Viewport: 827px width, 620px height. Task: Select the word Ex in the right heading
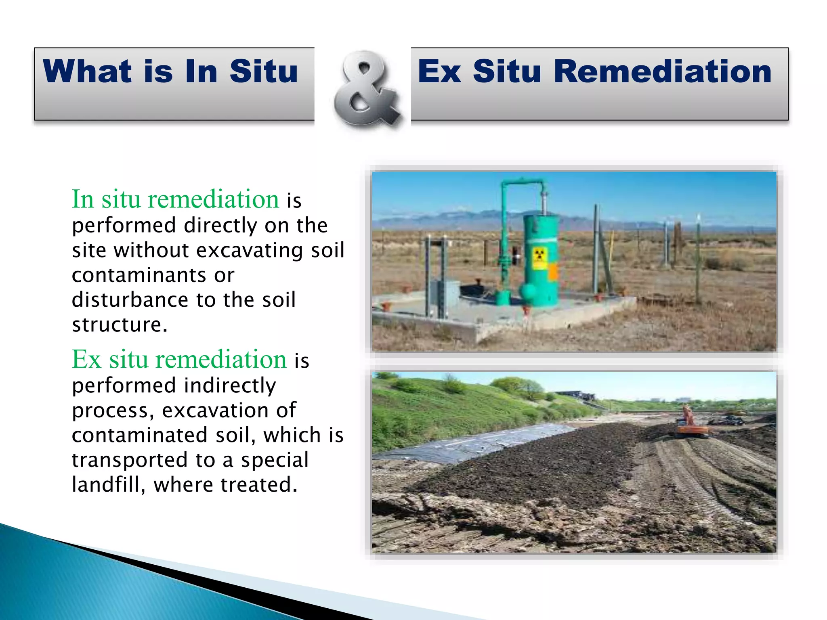pyautogui.click(x=439, y=71)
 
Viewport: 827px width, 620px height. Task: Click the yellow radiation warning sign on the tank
pyautogui.click(x=540, y=259)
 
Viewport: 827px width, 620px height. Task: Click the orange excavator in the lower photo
pyautogui.click(x=691, y=424)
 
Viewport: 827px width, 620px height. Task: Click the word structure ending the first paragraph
pyautogui.click(x=119, y=325)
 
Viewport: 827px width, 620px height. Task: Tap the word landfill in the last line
pyautogui.click(x=108, y=485)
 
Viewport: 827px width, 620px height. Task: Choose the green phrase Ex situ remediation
pyautogui.click(x=179, y=359)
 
